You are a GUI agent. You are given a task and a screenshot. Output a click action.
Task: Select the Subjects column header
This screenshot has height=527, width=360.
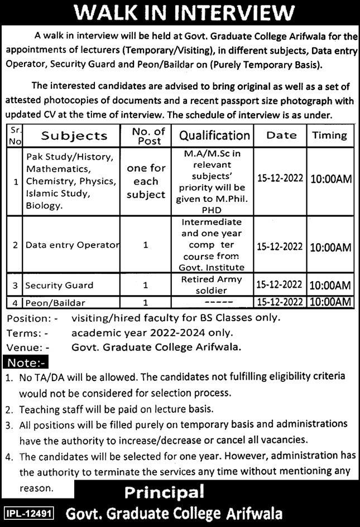click(x=74, y=136)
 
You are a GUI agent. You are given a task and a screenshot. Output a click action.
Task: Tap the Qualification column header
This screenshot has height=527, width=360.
click(x=214, y=136)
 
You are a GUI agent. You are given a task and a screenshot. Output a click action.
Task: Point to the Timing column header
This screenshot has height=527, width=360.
click(x=329, y=135)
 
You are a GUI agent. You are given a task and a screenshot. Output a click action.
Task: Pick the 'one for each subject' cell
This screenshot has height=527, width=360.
click(x=146, y=182)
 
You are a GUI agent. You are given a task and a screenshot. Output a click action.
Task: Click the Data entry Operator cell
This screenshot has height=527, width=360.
click(x=72, y=245)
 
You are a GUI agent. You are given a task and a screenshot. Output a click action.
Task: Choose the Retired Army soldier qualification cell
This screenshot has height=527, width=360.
click(x=214, y=285)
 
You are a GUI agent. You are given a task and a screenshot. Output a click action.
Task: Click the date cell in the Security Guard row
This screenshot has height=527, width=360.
click(x=280, y=286)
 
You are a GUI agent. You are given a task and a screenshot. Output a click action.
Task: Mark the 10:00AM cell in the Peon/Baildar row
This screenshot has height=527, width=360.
click(x=330, y=302)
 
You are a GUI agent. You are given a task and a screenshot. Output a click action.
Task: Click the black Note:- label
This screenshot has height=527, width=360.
click(x=26, y=363)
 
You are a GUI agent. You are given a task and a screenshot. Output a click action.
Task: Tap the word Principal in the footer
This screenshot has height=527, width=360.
click(x=164, y=492)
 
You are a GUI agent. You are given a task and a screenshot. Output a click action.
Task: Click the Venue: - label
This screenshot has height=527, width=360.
click(x=28, y=347)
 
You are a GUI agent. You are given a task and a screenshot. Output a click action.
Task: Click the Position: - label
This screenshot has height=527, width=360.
click(x=32, y=318)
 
